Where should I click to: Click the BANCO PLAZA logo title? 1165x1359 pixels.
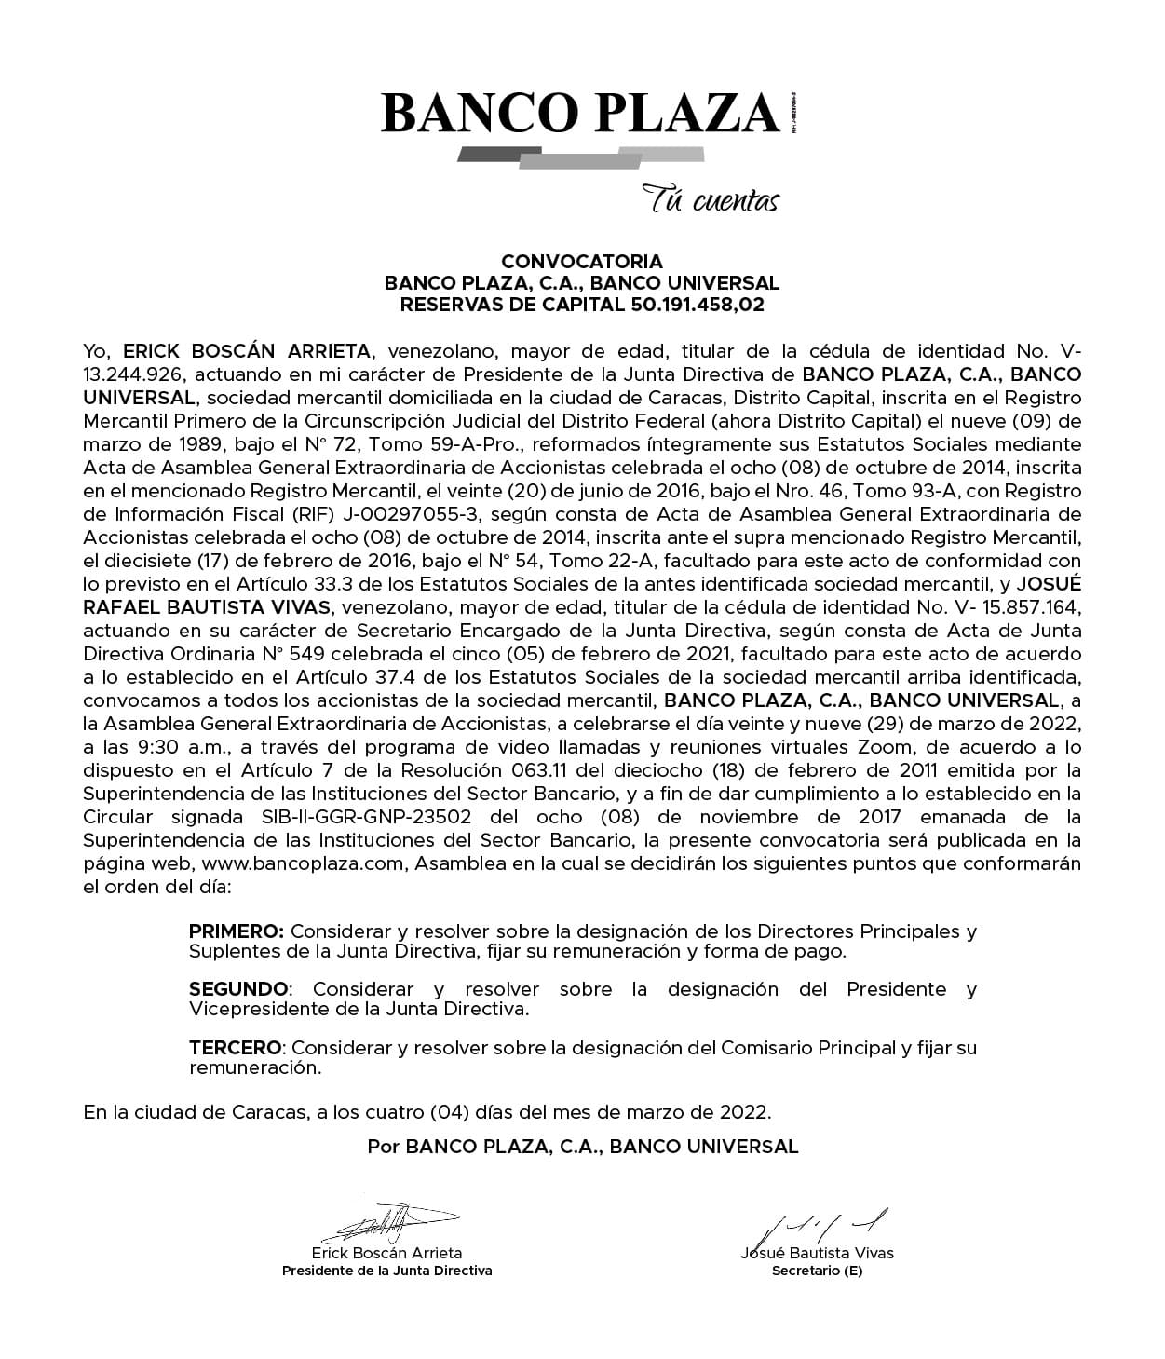pyautogui.click(x=580, y=113)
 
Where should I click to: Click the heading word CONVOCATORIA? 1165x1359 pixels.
pyautogui.click(x=582, y=262)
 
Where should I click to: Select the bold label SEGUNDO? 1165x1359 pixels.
pyautogui.click(x=239, y=988)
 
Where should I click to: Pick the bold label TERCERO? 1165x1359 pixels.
pyautogui.click(x=236, y=1047)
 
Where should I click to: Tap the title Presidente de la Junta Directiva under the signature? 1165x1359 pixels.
pyautogui.click(x=387, y=1271)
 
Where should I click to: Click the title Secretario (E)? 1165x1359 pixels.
pyautogui.click(x=817, y=1271)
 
